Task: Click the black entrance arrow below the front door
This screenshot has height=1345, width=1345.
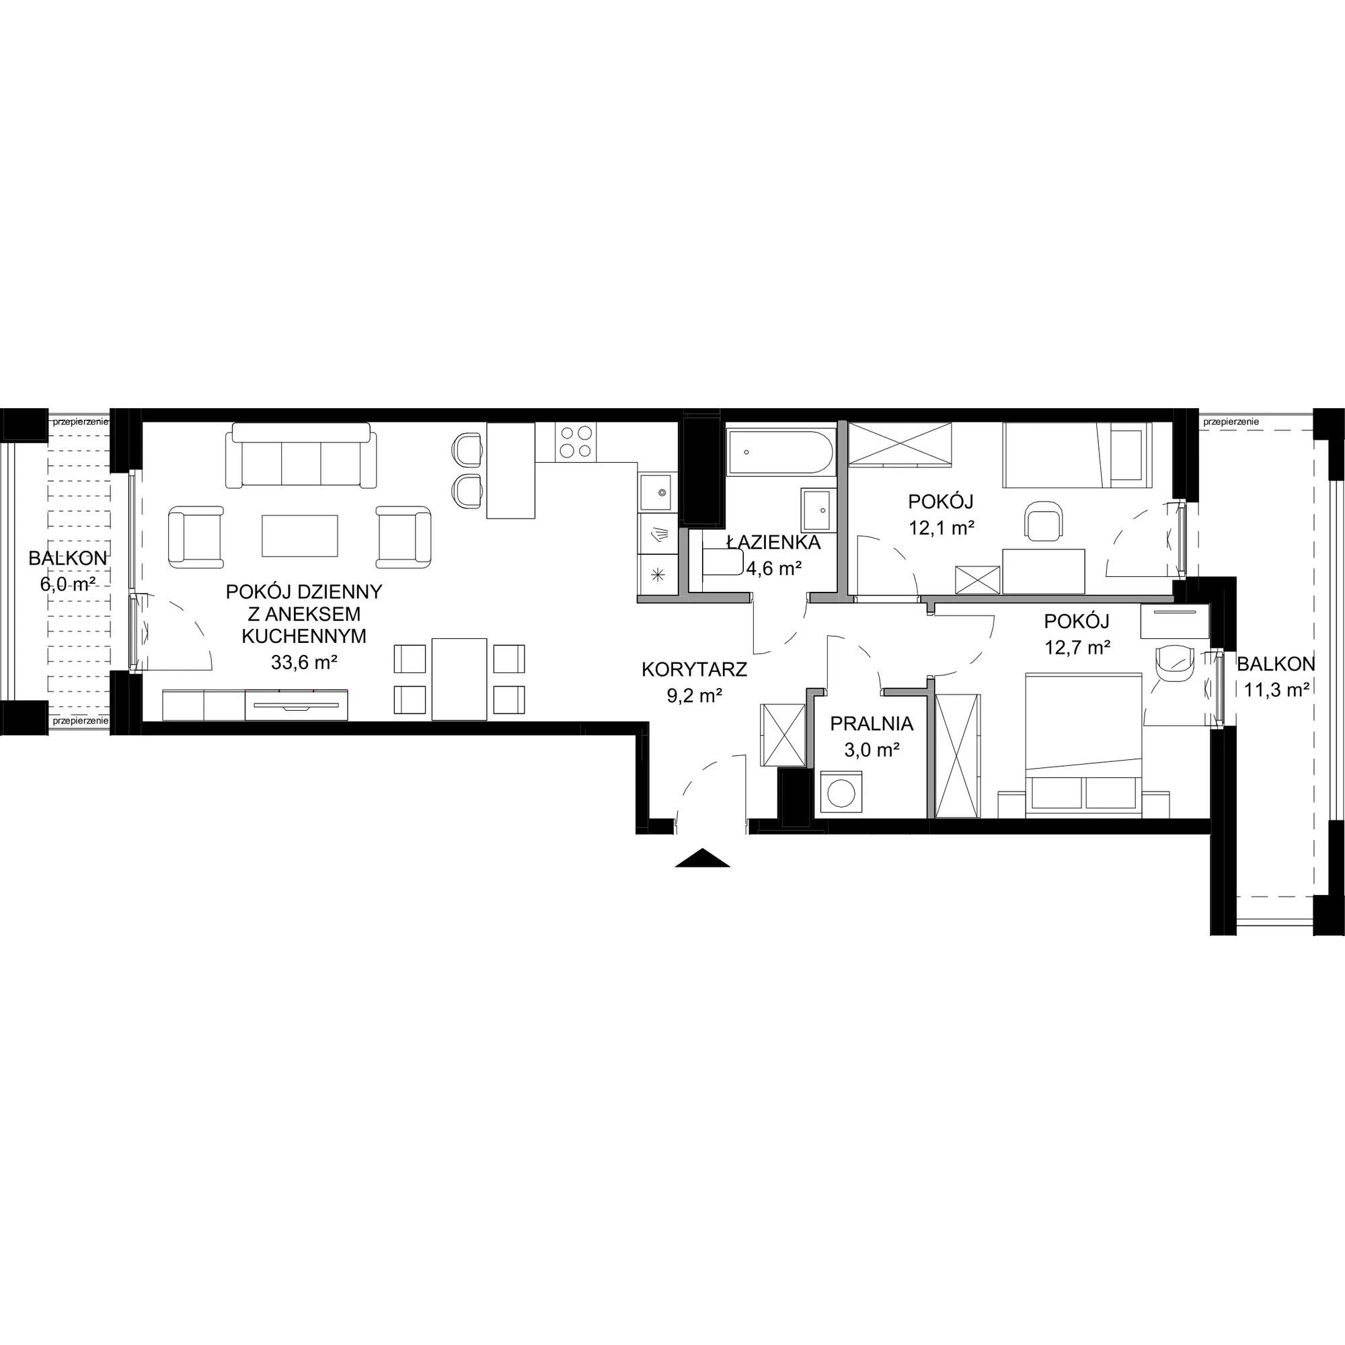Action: point(703,857)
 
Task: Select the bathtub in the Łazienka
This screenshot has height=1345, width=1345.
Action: point(779,453)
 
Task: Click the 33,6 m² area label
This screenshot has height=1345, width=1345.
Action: point(304,662)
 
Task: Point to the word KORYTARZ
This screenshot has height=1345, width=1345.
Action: point(694,670)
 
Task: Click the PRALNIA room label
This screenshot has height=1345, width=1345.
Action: point(872,724)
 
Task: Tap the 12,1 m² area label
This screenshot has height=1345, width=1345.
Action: point(941,528)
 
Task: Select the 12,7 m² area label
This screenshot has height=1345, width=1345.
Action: point(1077,648)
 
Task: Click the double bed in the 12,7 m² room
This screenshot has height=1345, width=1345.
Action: point(1084,744)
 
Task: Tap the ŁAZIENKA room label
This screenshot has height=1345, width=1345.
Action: point(773,542)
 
